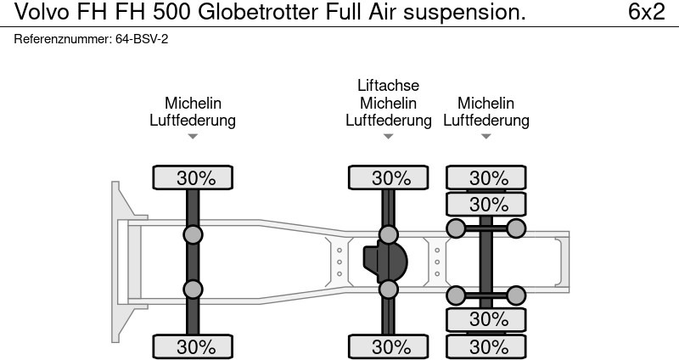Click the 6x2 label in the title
point(646,12)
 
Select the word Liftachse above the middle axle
point(388,86)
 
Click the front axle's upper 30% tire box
point(194,177)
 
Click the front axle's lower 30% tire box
point(194,346)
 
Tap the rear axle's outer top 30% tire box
point(487,177)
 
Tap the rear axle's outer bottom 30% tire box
point(487,346)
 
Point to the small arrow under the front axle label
point(193,136)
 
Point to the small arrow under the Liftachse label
point(388,136)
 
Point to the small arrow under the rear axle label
point(486,136)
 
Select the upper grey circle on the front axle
point(194,234)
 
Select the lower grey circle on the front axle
point(194,289)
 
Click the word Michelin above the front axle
point(193,103)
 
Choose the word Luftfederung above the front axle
point(193,120)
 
